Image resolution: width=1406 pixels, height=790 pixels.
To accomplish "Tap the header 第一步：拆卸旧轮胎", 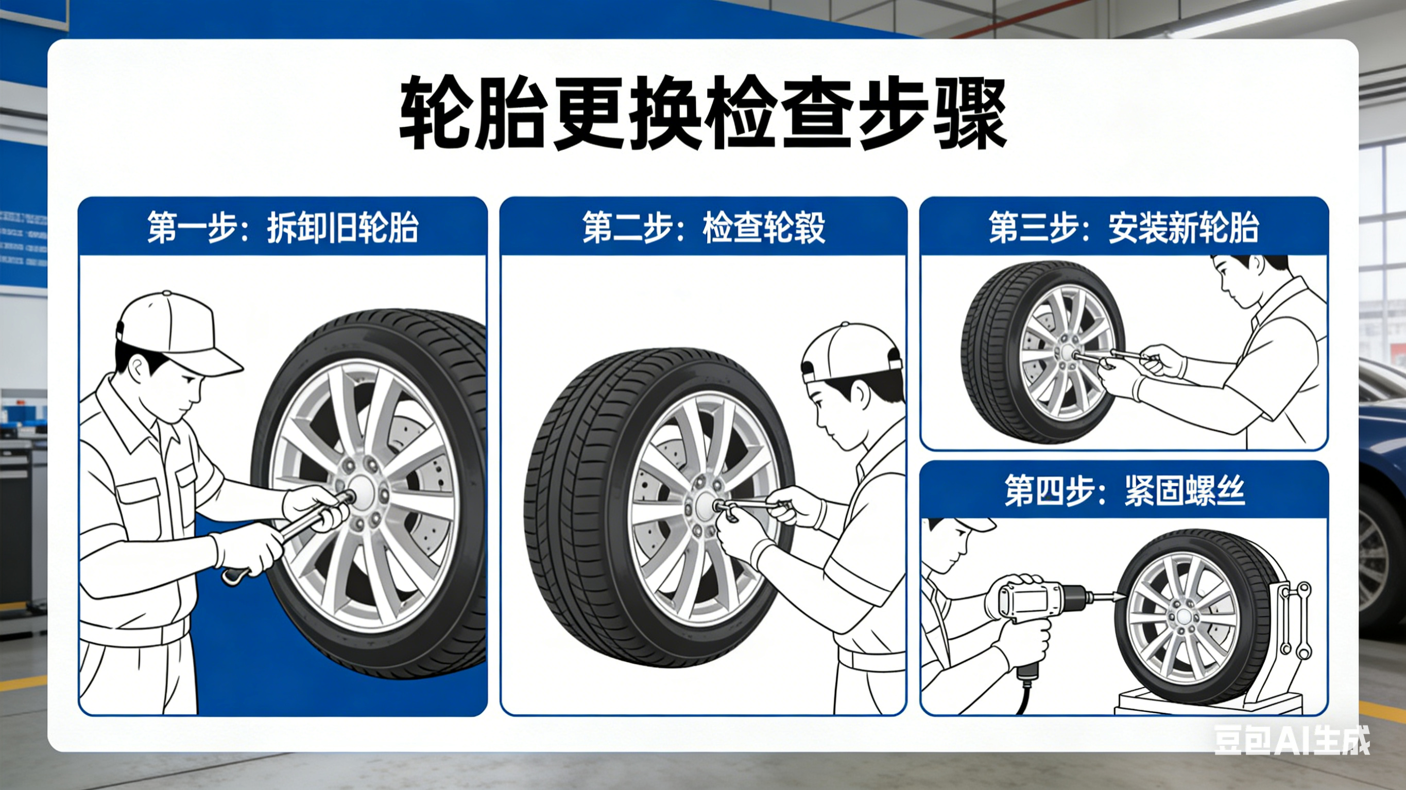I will (x=283, y=227).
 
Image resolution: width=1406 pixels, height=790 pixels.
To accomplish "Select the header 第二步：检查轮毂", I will (x=703, y=227).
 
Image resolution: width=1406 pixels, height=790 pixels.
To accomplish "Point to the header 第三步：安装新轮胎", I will (x=1123, y=227).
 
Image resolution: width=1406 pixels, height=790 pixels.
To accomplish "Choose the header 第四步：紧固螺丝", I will (x=1123, y=490).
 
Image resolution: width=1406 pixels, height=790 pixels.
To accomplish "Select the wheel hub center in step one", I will (x=360, y=487).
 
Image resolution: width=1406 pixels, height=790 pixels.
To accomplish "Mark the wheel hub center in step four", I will (x=1185, y=617).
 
